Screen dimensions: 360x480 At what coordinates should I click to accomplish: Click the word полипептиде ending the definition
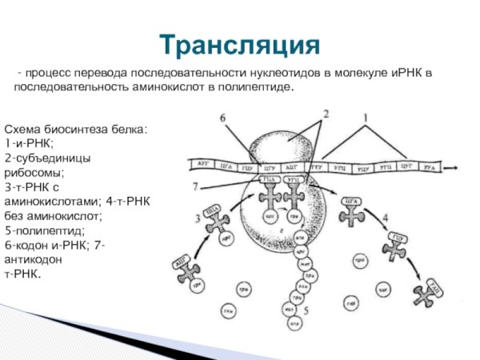[x=255, y=86]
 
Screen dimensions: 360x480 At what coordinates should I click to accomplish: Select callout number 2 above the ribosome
[x=326, y=114]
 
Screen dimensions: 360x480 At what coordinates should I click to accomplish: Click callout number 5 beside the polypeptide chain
[x=306, y=309]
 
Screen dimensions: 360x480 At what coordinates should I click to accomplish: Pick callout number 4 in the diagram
[x=386, y=217]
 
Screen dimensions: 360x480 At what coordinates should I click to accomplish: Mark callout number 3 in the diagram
[x=197, y=218]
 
